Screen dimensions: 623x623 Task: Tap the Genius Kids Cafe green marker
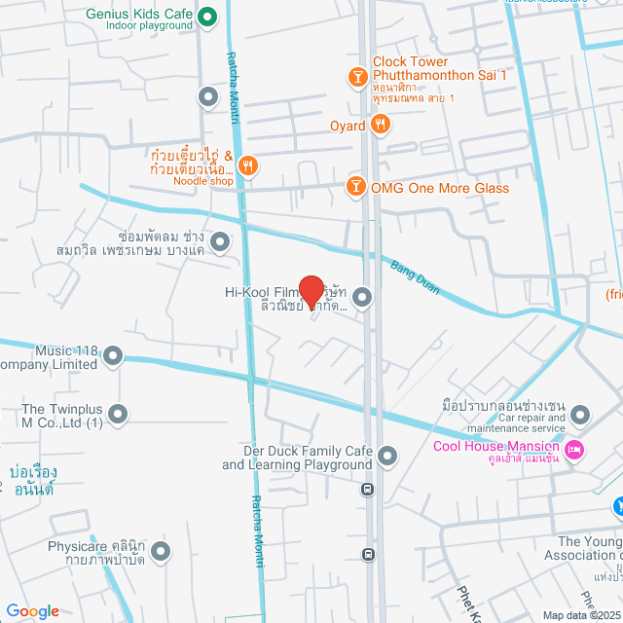[206, 17]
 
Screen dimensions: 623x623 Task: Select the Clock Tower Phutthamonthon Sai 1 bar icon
[357, 75]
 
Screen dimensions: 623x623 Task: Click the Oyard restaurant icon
[382, 125]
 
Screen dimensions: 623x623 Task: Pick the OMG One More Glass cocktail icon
[356, 187]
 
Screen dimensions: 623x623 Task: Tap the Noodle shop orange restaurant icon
[248, 166]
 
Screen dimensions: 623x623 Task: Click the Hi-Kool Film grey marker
[362, 298]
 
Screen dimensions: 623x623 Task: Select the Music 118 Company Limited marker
[114, 356]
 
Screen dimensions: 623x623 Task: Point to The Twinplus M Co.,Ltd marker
[119, 416]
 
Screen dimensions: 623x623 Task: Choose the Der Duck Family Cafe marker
[387, 456]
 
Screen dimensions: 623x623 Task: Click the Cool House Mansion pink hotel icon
[574, 448]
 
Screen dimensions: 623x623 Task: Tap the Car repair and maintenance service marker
[580, 416]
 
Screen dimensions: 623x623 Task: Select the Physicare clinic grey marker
[162, 552]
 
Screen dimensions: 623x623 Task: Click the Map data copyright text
[581, 615]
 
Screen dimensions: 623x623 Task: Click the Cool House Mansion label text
[495, 448]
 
